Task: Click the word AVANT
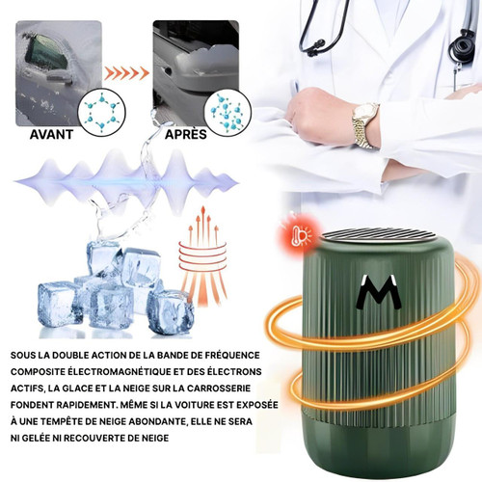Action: (x=51, y=134)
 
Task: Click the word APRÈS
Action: (x=186, y=134)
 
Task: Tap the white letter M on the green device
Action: (x=378, y=292)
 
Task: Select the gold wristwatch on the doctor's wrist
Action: (x=365, y=125)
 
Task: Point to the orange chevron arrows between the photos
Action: (x=126, y=73)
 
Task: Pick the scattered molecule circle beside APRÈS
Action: (x=228, y=113)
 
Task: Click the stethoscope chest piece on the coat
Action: (x=462, y=46)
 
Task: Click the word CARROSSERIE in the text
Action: (x=219, y=388)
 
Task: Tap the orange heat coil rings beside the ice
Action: (x=202, y=252)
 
